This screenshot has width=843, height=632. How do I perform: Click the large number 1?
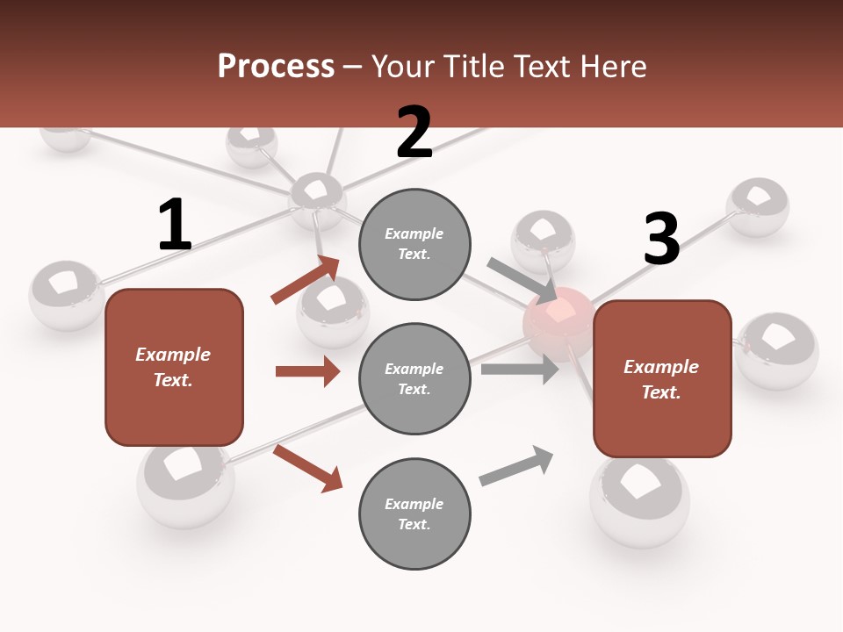[x=175, y=226]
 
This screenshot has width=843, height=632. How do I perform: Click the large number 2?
[x=414, y=133]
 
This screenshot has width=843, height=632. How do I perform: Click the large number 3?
[x=661, y=239]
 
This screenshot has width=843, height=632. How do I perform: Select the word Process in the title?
[x=276, y=66]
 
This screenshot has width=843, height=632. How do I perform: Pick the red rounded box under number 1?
[x=174, y=367]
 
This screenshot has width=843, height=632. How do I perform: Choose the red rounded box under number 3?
[x=662, y=379]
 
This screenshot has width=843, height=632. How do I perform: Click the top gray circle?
[x=414, y=244]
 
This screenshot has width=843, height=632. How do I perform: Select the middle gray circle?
[x=414, y=379]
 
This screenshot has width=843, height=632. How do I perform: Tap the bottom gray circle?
[x=414, y=514]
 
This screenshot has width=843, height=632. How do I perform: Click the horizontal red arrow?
[x=307, y=371]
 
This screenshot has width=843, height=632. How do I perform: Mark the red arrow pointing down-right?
[x=307, y=468]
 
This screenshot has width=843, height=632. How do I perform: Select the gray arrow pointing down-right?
[x=522, y=280]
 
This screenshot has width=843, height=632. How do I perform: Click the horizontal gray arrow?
[x=520, y=370]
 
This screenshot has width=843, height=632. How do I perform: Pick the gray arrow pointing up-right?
[x=516, y=466]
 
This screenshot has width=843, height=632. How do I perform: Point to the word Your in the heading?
[x=400, y=66]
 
